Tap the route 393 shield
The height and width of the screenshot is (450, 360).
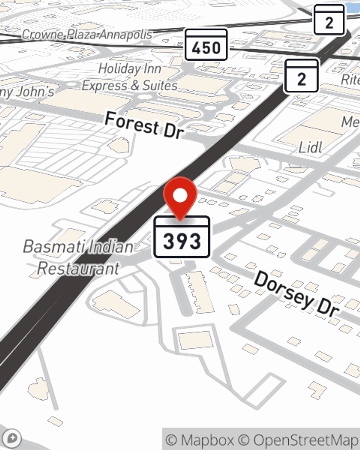[182, 237]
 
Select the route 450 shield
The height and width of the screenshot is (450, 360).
[206, 45]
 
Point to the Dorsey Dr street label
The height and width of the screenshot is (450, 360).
[297, 295]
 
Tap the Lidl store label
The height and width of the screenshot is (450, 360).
[310, 147]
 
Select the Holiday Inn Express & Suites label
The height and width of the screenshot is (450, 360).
[130, 77]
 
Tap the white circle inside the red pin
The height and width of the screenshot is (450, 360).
[180, 196]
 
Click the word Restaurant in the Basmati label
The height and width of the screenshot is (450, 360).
[78, 269]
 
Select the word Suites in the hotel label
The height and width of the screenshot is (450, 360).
[160, 86]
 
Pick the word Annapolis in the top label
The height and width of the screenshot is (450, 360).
[126, 35]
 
